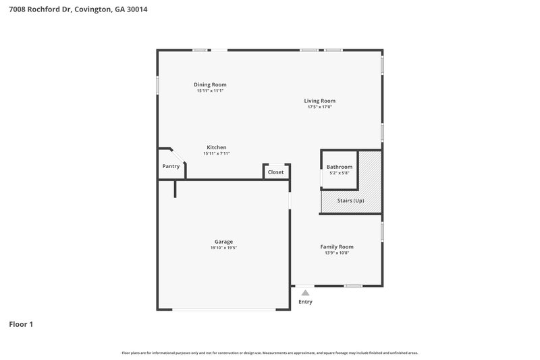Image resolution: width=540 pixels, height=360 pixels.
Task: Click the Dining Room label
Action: [x=210, y=84]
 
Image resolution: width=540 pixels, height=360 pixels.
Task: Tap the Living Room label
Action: [x=320, y=101]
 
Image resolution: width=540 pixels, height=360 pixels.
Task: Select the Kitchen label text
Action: [x=217, y=147]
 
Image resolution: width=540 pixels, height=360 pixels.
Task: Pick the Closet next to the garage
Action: [x=276, y=172]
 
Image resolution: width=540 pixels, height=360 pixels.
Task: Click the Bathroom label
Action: [x=339, y=167]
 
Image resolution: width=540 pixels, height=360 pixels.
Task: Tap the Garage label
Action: [x=223, y=242]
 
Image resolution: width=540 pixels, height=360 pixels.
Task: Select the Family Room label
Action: [x=337, y=247]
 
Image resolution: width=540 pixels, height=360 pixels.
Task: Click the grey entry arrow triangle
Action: [x=305, y=292]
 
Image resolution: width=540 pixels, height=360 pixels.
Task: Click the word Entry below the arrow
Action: [x=305, y=302]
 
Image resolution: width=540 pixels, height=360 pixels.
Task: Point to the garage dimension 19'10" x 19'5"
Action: [x=223, y=248]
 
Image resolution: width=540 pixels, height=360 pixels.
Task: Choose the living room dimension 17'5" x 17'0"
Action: [x=320, y=107]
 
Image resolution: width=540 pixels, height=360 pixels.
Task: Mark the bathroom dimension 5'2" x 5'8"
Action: [x=339, y=173]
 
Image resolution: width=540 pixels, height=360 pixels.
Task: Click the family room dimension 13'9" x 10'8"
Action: [x=337, y=253]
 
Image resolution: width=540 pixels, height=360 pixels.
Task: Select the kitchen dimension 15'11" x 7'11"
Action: [x=217, y=153]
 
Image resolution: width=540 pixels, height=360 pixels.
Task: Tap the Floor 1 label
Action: [x=20, y=324]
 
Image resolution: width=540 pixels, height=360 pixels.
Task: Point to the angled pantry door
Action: [x=173, y=155]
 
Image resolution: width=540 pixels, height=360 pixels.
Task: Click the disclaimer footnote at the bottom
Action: [x=269, y=353]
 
